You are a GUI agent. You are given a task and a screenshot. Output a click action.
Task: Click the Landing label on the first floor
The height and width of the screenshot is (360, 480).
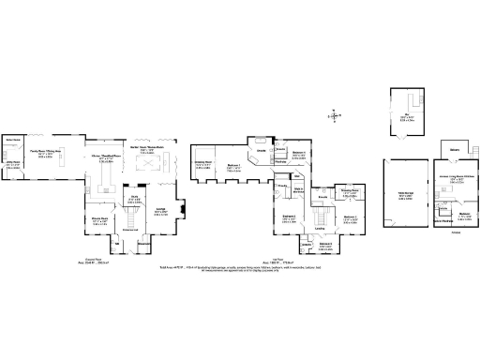(x=320, y=228)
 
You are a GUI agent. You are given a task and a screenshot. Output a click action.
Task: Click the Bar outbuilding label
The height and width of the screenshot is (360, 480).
(x=407, y=116)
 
